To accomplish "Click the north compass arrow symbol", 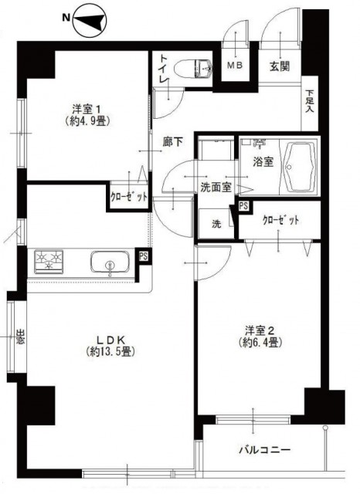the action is coord(90,20).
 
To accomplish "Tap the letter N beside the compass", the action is coord(66,18).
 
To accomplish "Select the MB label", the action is coord(235,65).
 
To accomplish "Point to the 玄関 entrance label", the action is coord(280,66).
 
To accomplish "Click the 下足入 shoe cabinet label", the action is coord(310,101).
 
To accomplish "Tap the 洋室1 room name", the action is coord(87,110).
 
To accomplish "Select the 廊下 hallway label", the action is coord(172,142).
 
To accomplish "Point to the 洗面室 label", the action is coord(216,188).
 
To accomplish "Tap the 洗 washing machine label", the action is coord(216,224).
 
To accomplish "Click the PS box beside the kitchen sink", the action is coord(143,256).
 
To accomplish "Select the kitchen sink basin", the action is coord(110,262).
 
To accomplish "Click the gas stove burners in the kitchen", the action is coord(48,261).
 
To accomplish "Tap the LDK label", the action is coord(111,340).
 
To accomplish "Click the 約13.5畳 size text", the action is coord(110,351).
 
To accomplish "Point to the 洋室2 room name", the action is coord(260,330).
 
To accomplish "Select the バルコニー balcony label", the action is coord(264,449).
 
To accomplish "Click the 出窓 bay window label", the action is coord(20,337).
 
